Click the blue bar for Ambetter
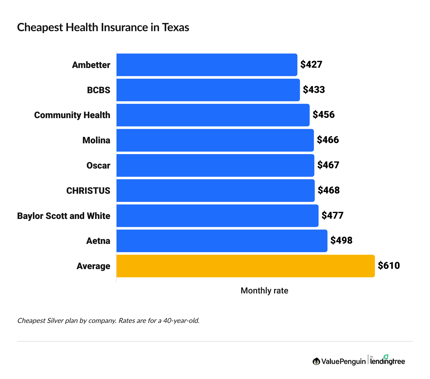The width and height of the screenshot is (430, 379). [207, 65]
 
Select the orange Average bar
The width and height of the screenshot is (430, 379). [245, 266]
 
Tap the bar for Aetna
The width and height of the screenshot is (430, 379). [222, 241]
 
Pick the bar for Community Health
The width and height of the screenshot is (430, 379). [213, 115]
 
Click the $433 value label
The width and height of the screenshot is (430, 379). [314, 90]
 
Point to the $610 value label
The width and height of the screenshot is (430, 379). [389, 266]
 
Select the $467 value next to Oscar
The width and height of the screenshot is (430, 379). [328, 165]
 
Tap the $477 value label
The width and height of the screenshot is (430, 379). [332, 216]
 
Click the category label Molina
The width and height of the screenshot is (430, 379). [96, 140]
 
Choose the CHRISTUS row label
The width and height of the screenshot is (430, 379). [88, 191]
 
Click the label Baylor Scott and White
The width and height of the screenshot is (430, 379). [64, 216]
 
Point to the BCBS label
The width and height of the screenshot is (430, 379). [98, 90]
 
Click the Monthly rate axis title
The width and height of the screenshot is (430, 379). [264, 291]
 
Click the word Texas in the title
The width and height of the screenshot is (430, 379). [175, 27]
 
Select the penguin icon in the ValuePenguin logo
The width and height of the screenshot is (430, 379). [316, 361]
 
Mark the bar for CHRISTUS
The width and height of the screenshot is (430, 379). [215, 191]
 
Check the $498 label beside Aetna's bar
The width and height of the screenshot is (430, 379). [341, 240]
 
